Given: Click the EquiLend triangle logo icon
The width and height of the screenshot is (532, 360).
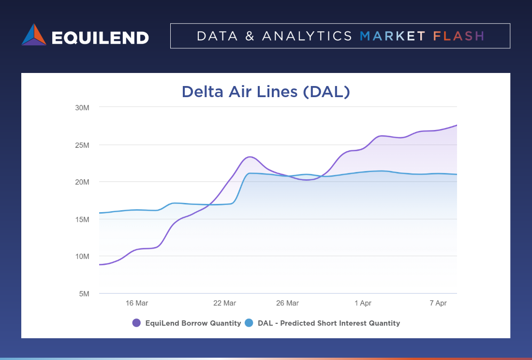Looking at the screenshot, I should (x=34, y=35).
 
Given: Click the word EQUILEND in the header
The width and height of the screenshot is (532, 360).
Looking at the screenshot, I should (x=100, y=37).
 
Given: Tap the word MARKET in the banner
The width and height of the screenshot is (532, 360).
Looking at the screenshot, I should (x=393, y=36).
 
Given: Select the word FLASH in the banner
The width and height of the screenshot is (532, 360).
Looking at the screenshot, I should (x=458, y=36).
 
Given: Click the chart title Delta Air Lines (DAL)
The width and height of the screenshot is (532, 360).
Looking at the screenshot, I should (x=266, y=92).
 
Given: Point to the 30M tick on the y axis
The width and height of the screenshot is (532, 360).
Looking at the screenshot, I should (x=82, y=108).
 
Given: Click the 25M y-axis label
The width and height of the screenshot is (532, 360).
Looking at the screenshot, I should (x=82, y=145).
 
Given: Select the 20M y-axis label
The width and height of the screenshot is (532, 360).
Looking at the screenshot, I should (x=82, y=182).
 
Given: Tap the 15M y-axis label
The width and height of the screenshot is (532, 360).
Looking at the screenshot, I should (x=82, y=219).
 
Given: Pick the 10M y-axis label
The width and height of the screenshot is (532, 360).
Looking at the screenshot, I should (x=82, y=256).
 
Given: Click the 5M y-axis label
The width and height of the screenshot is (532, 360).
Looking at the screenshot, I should (x=84, y=293).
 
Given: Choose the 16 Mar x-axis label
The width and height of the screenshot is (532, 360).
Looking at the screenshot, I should (x=137, y=303).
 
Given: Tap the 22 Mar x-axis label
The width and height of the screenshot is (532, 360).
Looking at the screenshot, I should (x=224, y=303).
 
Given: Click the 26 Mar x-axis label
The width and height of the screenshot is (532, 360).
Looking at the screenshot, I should (x=287, y=303).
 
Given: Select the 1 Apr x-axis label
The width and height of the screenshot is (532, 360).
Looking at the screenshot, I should (x=363, y=303).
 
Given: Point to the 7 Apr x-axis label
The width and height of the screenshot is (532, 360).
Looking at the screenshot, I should (x=438, y=303).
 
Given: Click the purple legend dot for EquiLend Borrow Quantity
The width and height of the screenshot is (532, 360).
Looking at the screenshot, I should (x=136, y=323).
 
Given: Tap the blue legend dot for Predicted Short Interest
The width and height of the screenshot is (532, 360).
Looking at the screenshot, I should (x=249, y=323).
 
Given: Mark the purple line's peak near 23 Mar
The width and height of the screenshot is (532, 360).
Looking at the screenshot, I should (x=250, y=157).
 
